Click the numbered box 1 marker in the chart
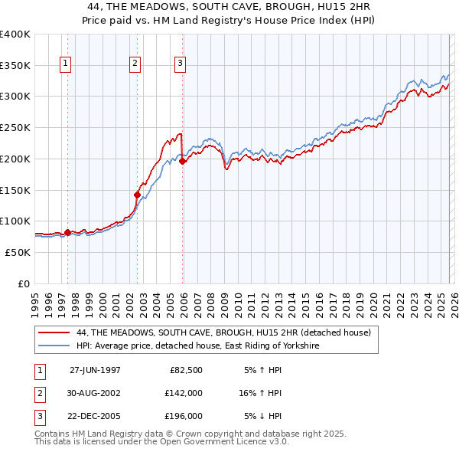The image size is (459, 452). [66, 64]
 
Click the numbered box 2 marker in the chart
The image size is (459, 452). [135, 64]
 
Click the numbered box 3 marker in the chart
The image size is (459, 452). [181, 64]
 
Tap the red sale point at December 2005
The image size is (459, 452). [183, 162]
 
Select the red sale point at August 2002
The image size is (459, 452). [138, 195]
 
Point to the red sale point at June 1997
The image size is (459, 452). [67, 232]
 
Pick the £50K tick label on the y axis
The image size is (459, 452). [18, 252]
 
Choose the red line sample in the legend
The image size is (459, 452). [54, 332]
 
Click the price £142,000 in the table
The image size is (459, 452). [184, 393]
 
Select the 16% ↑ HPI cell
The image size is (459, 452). [262, 393]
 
